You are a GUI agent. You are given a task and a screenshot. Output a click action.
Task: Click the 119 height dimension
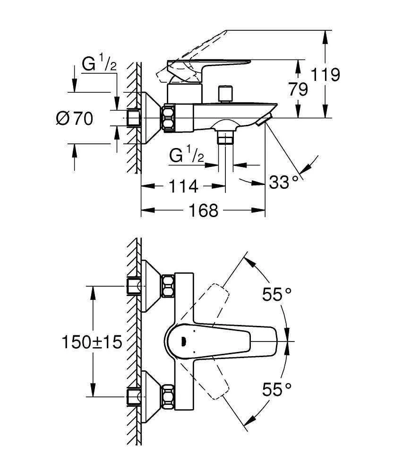coord(326,75)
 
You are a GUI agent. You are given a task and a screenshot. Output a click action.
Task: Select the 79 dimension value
coord(298,89)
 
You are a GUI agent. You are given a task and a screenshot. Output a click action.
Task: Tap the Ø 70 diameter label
coord(75,118)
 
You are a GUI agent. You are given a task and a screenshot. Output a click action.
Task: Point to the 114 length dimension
coord(183,186)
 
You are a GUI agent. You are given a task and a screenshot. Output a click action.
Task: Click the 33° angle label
coord(284,182)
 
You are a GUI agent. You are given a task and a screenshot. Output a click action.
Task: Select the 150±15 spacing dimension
coord(92,341)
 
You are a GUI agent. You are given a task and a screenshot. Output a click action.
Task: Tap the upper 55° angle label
coord(277,295)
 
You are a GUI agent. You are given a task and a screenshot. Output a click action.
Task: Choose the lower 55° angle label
coord(277,389)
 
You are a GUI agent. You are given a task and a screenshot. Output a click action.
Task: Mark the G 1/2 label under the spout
coord(187,155)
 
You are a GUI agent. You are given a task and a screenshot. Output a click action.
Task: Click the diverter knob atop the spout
coord(226,93)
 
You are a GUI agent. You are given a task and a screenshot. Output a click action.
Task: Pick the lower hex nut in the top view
coord(168,396)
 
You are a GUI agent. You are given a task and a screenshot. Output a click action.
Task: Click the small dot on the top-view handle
coord(183,340)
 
